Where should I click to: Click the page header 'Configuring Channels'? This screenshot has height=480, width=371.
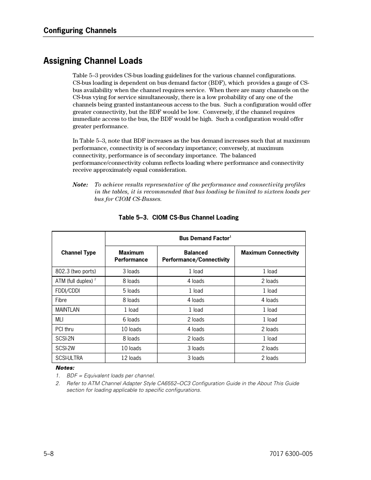[80, 30]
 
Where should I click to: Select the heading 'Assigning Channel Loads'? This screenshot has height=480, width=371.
[93, 61]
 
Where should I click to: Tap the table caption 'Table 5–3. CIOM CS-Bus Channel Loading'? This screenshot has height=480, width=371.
[178, 217]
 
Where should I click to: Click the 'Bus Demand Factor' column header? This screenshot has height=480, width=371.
[205, 238]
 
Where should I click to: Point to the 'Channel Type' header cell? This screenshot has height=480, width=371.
[78, 253]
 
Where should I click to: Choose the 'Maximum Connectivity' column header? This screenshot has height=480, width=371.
[270, 253]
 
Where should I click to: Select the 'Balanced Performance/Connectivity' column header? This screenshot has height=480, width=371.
[196, 256]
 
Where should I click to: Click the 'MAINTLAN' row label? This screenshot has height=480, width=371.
[67, 310]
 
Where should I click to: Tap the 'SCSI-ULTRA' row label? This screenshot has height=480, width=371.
[69, 358]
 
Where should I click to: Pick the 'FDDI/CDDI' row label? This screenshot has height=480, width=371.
[68, 291]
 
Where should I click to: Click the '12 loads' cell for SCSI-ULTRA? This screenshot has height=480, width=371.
[131, 358]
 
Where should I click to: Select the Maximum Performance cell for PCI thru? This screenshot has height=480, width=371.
[131, 329]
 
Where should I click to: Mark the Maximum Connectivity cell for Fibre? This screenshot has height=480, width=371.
[270, 300]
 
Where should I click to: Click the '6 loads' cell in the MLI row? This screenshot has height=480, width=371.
[131, 319]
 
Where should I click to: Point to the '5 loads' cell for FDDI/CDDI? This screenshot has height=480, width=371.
[131, 291]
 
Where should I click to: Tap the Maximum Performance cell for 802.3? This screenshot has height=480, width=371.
[131, 271]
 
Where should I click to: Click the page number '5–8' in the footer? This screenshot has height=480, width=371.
[48, 454]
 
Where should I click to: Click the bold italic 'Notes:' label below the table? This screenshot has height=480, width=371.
[65, 368]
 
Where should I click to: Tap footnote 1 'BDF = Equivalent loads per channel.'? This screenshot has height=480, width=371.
[110, 375]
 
